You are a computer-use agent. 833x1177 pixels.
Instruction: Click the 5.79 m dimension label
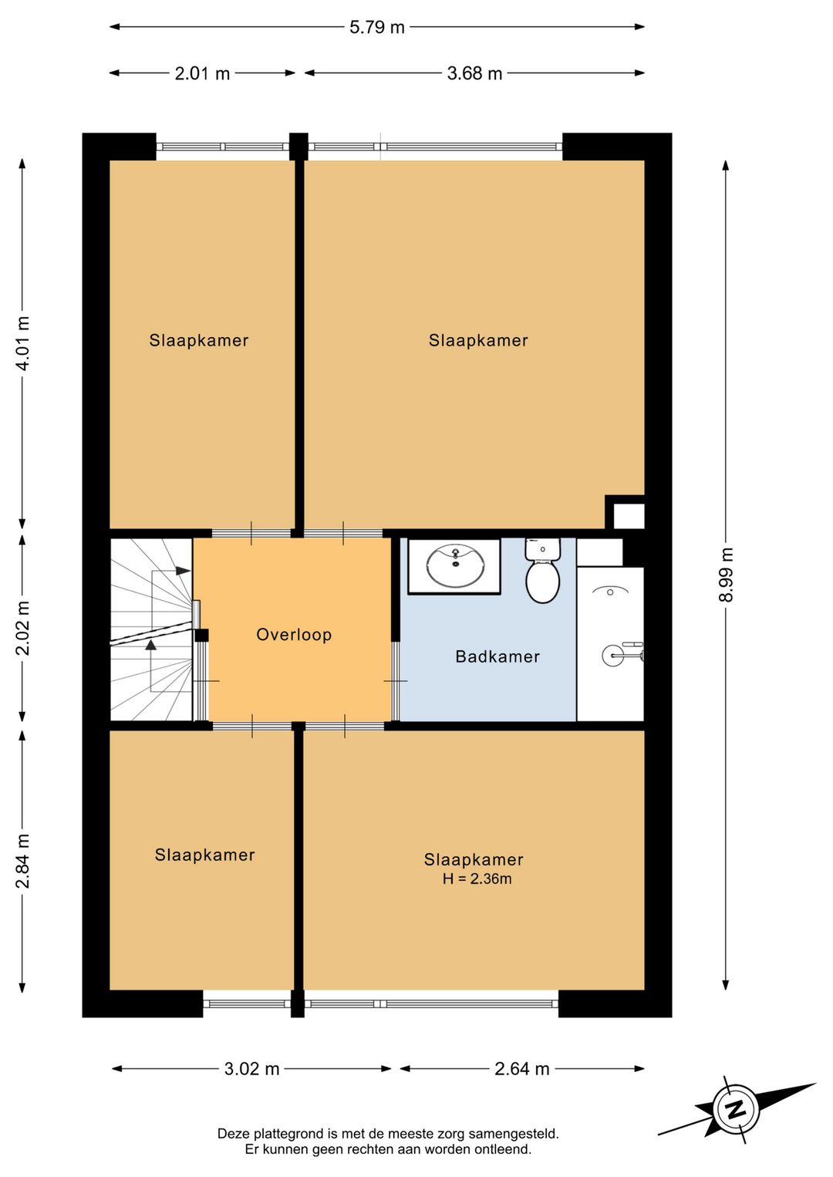[x=377, y=27]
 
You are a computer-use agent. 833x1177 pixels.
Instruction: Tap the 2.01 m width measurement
[x=202, y=73]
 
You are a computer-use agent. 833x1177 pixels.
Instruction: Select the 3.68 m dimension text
[x=474, y=73]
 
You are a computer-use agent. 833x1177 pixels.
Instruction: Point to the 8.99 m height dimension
[x=727, y=575]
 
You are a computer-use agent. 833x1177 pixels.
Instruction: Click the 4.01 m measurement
[x=23, y=344]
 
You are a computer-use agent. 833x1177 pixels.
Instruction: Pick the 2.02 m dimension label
[x=23, y=629]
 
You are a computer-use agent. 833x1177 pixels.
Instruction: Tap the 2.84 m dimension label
[x=23, y=861]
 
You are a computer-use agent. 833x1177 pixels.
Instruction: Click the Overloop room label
[x=294, y=635]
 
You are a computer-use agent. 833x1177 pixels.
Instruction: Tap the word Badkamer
[x=497, y=657]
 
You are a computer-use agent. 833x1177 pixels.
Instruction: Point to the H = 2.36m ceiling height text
[x=477, y=879]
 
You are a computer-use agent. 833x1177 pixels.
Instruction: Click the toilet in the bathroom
[x=543, y=570]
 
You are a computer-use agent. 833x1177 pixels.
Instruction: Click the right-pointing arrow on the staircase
[x=183, y=571]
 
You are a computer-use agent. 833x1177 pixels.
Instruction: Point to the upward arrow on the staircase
[x=151, y=645]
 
